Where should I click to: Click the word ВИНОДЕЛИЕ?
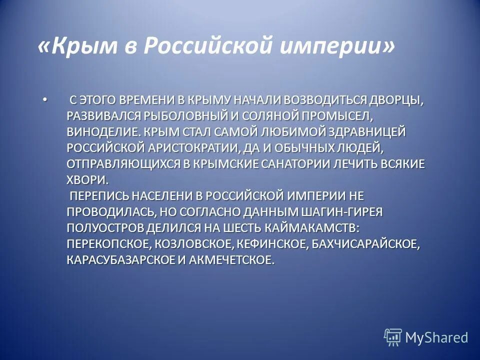102,132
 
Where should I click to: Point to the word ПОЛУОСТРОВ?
105,228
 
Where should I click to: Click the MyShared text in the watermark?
436,337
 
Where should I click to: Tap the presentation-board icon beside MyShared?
393,337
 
